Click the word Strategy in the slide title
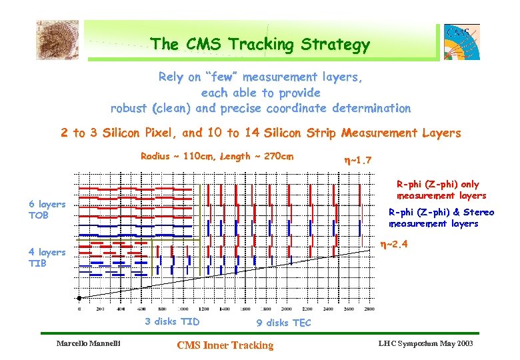pyautogui.click(x=336, y=45)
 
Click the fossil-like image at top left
pyautogui.click(x=57, y=39)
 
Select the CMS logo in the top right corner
pyautogui.click(x=462, y=42)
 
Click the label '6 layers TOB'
pyautogui.click(x=47, y=209)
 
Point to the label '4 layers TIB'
pyautogui.click(x=47, y=257)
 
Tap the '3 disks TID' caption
pyautogui.click(x=172, y=321)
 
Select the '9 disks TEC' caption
pyautogui.click(x=283, y=323)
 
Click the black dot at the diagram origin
pyautogui.click(x=79, y=297)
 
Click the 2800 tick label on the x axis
pyautogui.click(x=369, y=309)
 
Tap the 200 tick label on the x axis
pyautogui.click(x=101, y=309)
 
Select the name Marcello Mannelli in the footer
pyautogui.click(x=87, y=344)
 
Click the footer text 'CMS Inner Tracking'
pyautogui.click(x=225, y=345)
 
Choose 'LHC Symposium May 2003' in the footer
pyautogui.click(x=425, y=343)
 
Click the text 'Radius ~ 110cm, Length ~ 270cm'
pyautogui.click(x=217, y=157)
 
